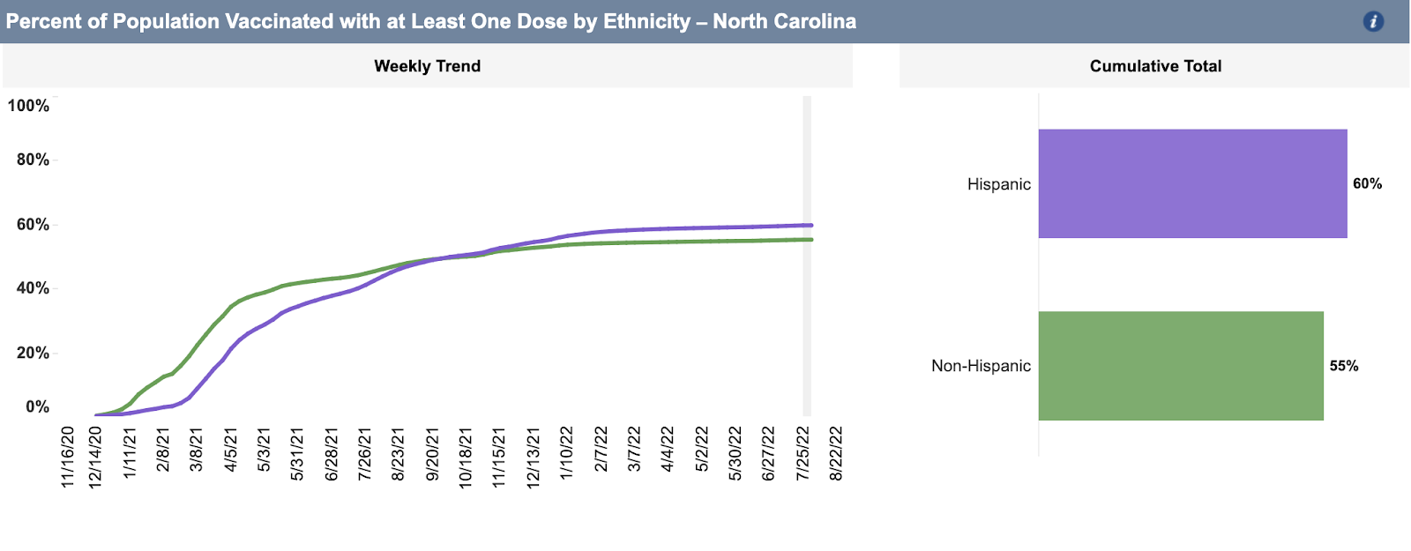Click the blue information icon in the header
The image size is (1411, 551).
[x=1372, y=22]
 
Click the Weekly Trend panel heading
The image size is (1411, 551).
[x=427, y=66]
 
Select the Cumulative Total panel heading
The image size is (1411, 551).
[x=1155, y=66]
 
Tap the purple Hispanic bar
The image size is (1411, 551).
[x=1192, y=183]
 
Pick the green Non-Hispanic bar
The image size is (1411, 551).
[x=1181, y=366]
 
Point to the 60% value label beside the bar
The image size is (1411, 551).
[x=1367, y=183]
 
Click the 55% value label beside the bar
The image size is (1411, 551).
[x=1344, y=366]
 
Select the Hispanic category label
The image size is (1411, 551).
[x=998, y=184]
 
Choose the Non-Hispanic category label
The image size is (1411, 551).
[x=981, y=366]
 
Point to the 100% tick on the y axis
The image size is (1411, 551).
[x=28, y=106]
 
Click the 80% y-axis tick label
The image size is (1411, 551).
[x=33, y=160]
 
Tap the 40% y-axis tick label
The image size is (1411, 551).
[x=33, y=288]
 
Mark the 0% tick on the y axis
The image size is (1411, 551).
[x=37, y=407]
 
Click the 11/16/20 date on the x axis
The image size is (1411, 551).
[x=68, y=457]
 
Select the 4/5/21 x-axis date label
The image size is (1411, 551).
[x=230, y=450]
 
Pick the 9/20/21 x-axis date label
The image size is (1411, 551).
[x=432, y=454]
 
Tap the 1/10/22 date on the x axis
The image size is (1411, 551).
[x=566, y=453]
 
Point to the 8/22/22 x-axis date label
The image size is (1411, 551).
[x=835, y=453]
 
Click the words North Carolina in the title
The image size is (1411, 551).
[x=784, y=21]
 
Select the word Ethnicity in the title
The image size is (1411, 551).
[x=646, y=21]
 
